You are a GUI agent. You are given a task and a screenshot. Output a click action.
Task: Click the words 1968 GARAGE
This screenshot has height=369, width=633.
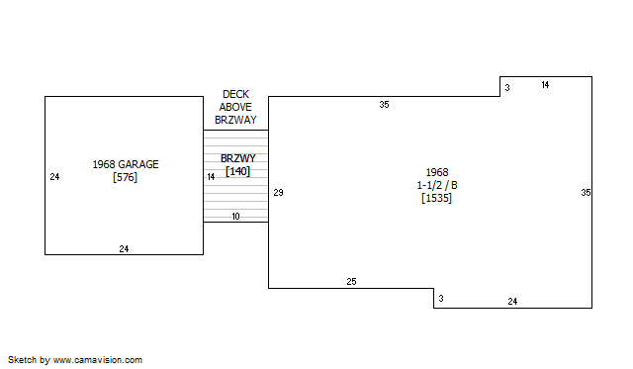tap(126, 164)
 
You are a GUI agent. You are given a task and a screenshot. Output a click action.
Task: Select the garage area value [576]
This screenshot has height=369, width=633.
tap(126, 177)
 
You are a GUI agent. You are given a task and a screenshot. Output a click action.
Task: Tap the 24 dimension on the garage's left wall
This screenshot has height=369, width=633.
tap(54, 177)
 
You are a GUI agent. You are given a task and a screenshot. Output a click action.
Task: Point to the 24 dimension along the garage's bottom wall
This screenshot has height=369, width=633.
tap(124, 248)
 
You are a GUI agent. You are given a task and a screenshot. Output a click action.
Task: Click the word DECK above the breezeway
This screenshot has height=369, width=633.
tap(235, 94)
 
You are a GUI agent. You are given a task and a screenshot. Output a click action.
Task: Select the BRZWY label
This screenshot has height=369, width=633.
tap(238, 158)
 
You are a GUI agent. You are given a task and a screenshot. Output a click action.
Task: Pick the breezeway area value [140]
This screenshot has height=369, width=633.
tap(237, 171)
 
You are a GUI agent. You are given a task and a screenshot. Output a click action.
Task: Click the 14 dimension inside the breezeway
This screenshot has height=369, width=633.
tap(211, 177)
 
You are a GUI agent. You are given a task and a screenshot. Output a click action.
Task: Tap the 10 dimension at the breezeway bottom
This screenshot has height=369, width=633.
tap(235, 217)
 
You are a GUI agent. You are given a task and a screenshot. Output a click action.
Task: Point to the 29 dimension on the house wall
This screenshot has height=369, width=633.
tap(278, 193)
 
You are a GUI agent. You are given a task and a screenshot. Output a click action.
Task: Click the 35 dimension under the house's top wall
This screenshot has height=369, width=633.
tap(384, 105)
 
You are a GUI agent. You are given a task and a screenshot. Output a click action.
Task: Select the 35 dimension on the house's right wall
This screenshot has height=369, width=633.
tap(586, 193)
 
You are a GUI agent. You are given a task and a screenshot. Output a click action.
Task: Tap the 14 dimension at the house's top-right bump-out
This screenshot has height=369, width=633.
tap(545, 85)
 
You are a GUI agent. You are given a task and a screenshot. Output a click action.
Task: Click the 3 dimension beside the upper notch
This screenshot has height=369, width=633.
tap(507, 88)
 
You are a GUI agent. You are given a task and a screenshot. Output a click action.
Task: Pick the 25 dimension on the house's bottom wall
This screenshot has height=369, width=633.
tap(351, 281)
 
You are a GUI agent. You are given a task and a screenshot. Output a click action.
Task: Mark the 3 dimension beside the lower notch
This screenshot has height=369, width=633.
tap(441, 299)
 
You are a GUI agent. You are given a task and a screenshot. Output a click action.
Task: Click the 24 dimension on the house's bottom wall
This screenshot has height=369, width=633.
tap(512, 301)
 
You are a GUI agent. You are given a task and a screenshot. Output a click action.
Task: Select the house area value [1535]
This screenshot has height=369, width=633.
tap(436, 198)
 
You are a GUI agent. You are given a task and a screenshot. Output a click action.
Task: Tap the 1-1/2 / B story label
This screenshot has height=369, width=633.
tap(437, 185)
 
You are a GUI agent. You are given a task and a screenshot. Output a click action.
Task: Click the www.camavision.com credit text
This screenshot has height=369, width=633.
tap(98, 360)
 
